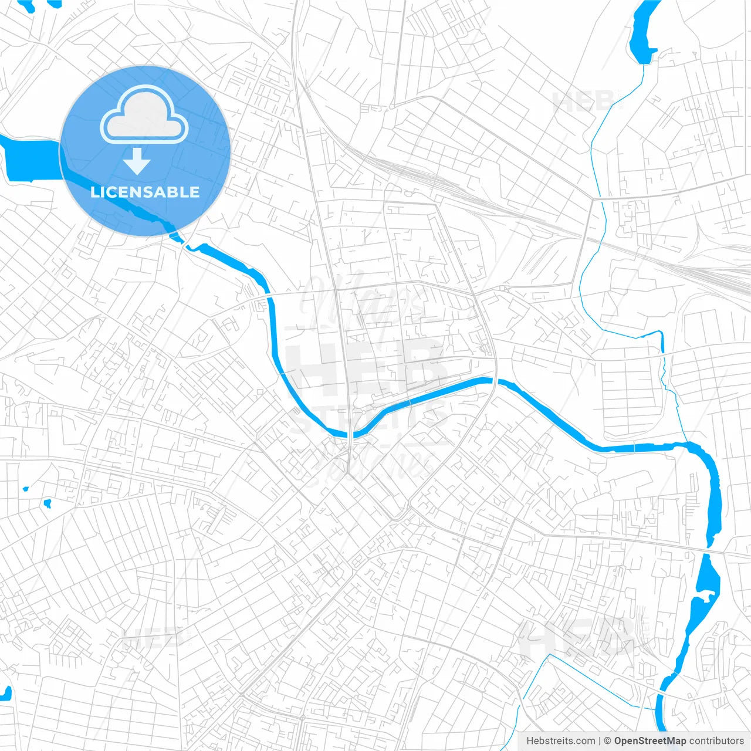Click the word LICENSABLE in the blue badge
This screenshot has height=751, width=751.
145,192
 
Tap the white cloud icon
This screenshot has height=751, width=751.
144,116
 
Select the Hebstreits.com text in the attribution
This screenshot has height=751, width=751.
560,741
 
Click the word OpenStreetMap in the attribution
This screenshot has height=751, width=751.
649,741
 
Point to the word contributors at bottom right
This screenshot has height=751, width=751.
716,741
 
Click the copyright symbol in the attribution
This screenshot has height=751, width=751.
608,741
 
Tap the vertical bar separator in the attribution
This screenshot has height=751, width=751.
600,741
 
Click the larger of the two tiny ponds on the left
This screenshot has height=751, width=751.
47,503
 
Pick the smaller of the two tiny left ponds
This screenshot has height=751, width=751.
25,488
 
